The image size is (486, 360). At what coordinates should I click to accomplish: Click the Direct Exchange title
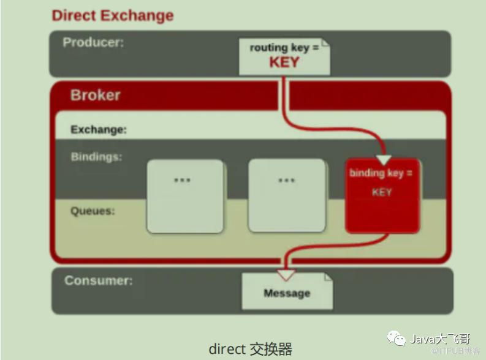(112, 15)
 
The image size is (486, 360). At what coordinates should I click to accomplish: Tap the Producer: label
(93, 42)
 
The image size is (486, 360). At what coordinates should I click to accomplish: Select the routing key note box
(284, 56)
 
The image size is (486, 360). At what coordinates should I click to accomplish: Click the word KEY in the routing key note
(284, 62)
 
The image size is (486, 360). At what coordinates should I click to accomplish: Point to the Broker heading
(95, 95)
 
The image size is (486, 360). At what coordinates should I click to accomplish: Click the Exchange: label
(99, 130)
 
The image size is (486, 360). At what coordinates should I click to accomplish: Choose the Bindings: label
(96, 157)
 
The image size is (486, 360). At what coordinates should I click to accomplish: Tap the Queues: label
(93, 211)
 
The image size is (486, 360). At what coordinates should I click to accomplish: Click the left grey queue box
(185, 196)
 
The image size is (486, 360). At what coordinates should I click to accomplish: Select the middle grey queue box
(286, 196)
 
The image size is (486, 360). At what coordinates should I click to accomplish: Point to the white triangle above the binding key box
(384, 160)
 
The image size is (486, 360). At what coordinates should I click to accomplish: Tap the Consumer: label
(98, 281)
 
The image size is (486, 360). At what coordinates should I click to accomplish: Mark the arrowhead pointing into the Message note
(286, 275)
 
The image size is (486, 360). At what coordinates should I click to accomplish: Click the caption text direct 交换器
(250, 349)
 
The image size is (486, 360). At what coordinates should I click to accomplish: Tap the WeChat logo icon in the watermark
(395, 337)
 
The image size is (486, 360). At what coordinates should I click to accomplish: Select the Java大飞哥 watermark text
(440, 339)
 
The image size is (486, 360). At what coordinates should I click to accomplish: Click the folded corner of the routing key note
(325, 42)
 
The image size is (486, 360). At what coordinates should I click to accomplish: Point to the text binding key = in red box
(381, 173)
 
